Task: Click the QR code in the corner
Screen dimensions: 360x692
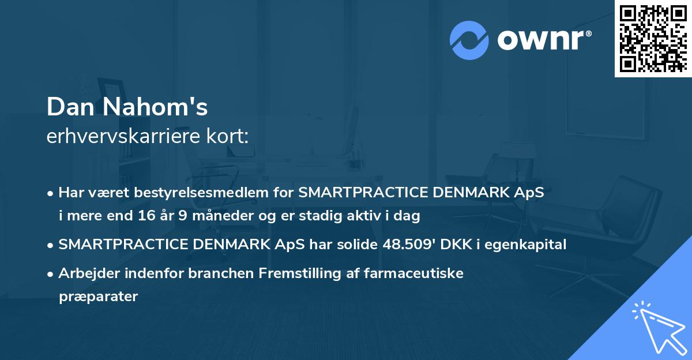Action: [653, 38]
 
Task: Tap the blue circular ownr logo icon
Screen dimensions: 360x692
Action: [469, 40]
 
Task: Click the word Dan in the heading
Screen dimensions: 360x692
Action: [68, 107]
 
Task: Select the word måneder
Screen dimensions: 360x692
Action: [197, 216]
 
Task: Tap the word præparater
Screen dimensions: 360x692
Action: [98, 297]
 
